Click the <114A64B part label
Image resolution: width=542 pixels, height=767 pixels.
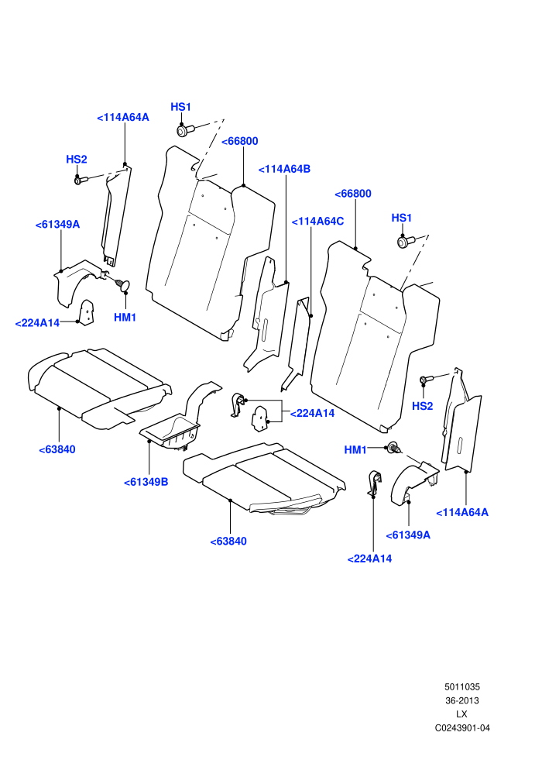(284, 169)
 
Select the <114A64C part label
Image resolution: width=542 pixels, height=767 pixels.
(317, 222)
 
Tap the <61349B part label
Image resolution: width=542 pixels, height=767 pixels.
(146, 483)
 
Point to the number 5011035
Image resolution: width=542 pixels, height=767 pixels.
(461, 686)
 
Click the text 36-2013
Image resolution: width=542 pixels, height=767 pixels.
(461, 700)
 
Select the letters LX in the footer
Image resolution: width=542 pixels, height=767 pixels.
(461, 714)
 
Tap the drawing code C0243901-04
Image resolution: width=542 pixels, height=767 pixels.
(461, 727)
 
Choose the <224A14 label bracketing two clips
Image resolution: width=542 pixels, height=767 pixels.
(312, 414)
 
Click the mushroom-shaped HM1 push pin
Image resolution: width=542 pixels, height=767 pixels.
(122, 284)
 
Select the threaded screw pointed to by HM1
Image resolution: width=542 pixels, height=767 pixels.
(394, 447)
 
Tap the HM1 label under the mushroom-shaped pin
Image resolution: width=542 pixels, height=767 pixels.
(125, 318)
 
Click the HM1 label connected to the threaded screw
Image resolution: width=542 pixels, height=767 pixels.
(355, 450)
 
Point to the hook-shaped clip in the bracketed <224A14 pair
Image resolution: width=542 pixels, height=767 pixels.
(238, 404)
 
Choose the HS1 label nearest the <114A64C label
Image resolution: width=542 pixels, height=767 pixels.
(402, 218)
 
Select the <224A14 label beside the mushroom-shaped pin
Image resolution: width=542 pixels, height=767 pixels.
(37, 323)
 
